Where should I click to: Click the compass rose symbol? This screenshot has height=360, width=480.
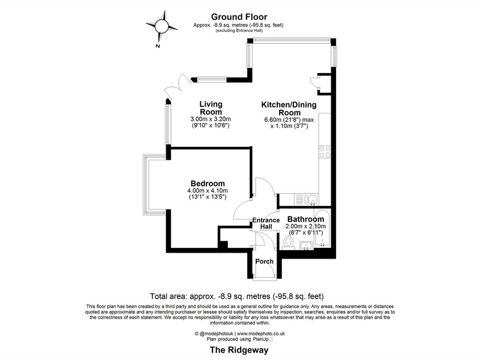pyautogui.click(x=161, y=26)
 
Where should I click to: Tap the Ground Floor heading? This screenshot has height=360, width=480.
pyautogui.click(x=239, y=17)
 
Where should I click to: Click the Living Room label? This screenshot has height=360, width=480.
pyautogui.click(x=211, y=108)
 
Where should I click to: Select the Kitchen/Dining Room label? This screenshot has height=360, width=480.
pyautogui.click(x=289, y=109)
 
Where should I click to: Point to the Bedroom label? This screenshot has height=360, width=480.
pyautogui.click(x=208, y=184)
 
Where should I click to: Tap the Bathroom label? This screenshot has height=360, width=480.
pyautogui.click(x=305, y=219)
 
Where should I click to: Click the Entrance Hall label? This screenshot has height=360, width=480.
pyautogui.click(x=266, y=223)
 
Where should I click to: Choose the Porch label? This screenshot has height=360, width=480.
pyautogui.click(x=265, y=262)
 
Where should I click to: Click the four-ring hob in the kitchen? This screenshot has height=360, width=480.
pyautogui.click(x=325, y=152)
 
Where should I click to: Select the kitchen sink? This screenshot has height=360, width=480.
pyautogui.click(x=307, y=200)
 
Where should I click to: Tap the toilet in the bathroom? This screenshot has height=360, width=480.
pyautogui.click(x=288, y=243)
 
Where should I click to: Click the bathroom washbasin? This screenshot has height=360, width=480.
pyautogui.click(x=306, y=245)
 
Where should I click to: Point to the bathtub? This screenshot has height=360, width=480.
pyautogui.click(x=322, y=229)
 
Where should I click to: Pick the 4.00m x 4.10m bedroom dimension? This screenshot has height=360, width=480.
pyautogui.click(x=208, y=190)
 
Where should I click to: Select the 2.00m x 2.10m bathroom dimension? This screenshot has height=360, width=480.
pyautogui.click(x=305, y=227)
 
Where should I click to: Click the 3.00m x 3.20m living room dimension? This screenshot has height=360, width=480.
pyautogui.click(x=211, y=119)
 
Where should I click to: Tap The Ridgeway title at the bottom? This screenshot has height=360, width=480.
pyautogui.click(x=239, y=350)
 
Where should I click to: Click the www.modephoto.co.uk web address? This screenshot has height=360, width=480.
pyautogui.click(x=261, y=334)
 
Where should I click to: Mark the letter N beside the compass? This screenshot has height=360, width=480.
pyautogui.click(x=158, y=46)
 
